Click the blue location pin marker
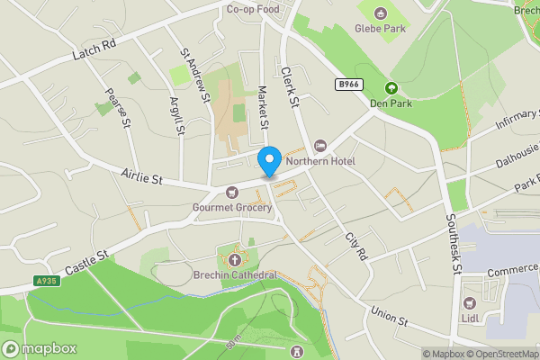(x=268, y=161)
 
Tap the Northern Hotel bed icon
(x=320, y=147)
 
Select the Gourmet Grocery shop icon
(x=232, y=193)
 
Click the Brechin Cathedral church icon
(x=234, y=259)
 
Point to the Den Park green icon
(x=391, y=88)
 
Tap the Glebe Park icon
(x=380, y=13)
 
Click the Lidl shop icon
(x=470, y=301)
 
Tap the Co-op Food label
(x=253, y=9)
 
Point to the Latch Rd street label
(x=94, y=51)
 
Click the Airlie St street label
(x=142, y=176)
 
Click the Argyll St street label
(x=177, y=116)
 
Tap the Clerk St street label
(x=289, y=86)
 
